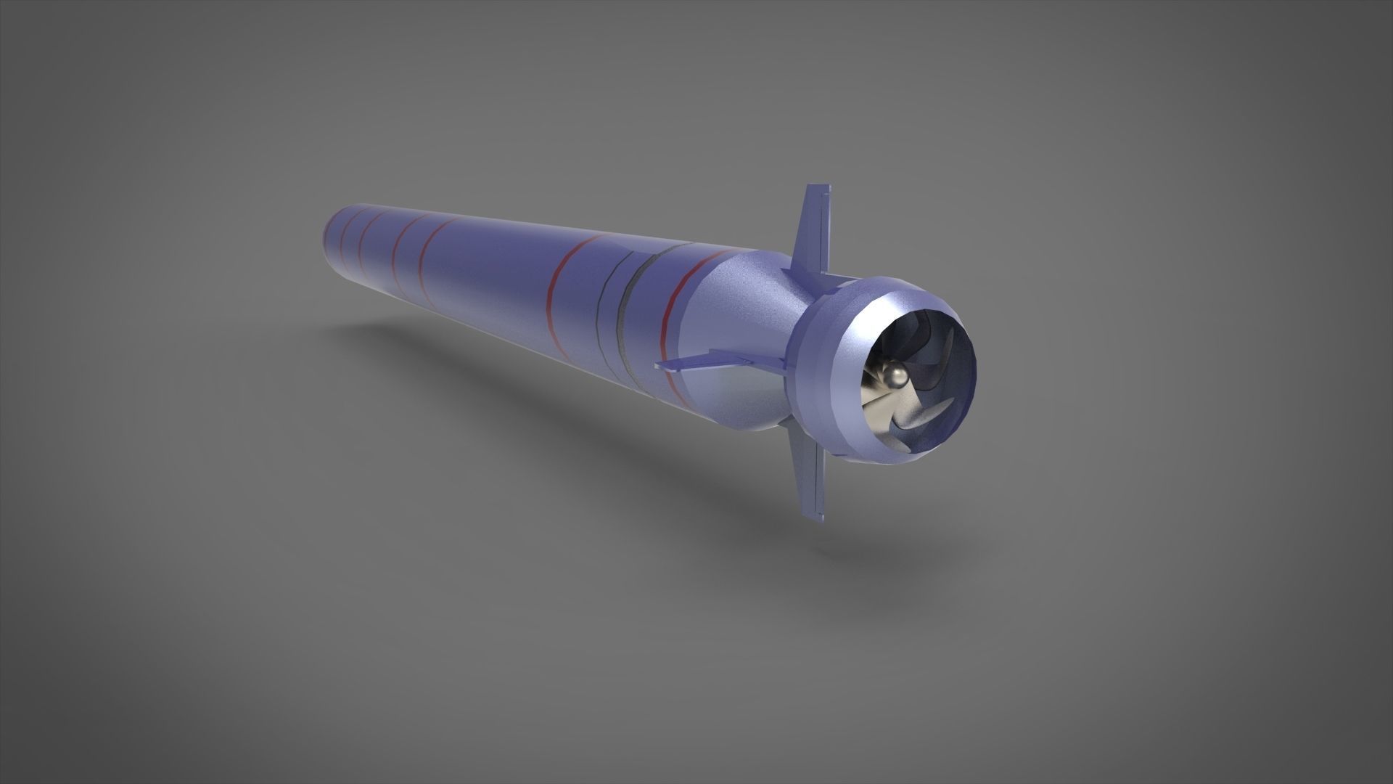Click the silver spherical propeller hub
pos(894,376)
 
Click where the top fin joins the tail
pos(805,271)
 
